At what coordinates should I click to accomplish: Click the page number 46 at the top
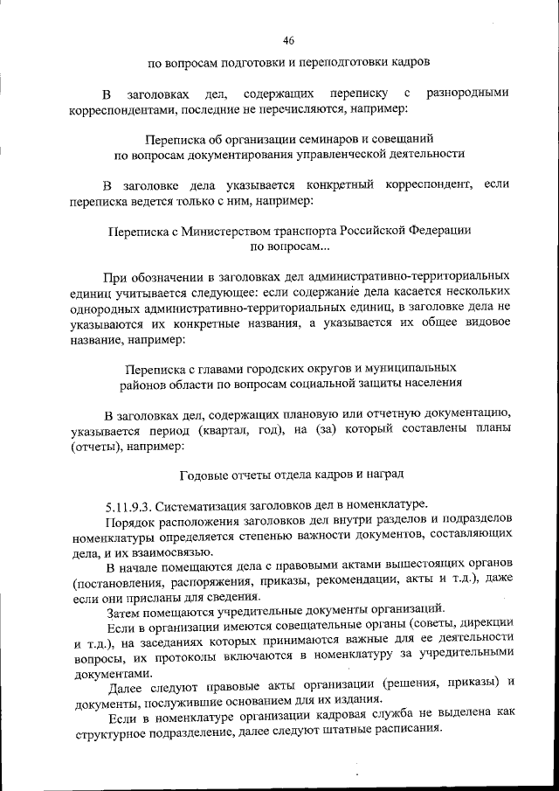coord(288,40)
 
